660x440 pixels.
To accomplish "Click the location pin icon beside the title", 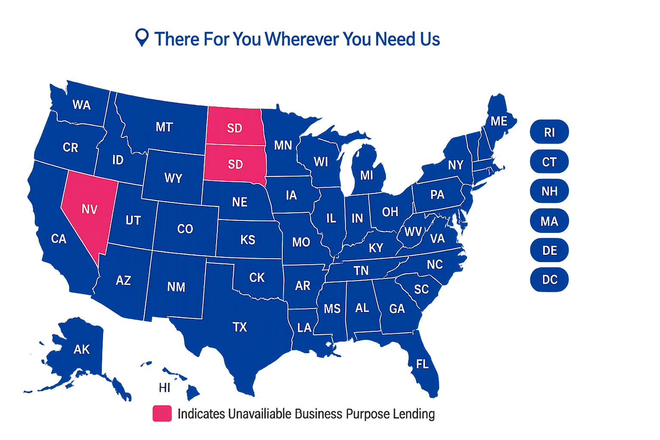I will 142,37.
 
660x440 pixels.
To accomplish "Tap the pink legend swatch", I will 162,413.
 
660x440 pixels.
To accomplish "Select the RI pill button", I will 550,132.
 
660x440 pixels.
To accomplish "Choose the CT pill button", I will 550,162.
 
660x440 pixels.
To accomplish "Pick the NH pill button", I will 550,191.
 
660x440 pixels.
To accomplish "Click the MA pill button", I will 550,221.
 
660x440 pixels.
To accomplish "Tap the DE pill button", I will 550,250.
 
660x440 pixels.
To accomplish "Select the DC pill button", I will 550,280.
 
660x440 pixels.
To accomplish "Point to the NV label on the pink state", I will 89,209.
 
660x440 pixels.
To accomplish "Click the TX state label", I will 240,327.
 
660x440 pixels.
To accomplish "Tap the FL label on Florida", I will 422,364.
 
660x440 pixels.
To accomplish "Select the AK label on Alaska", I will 82,349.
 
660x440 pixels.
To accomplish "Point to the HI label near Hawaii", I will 165,388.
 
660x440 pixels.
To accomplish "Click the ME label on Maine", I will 499,121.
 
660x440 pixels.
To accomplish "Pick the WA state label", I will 82,105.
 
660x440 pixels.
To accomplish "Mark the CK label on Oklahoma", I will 257,278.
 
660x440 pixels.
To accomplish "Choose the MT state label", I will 164,127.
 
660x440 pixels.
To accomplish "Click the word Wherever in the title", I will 302,39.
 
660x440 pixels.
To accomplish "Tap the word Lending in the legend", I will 413,414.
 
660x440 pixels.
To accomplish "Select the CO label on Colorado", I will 185,229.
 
